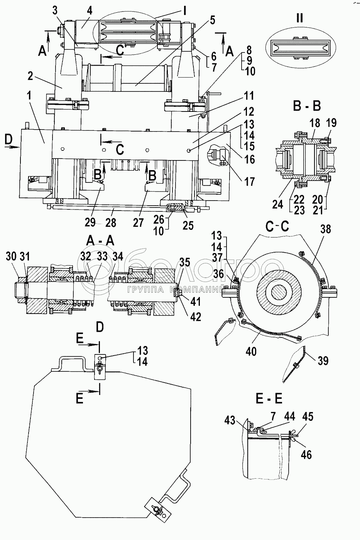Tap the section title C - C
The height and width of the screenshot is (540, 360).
coord(277,227)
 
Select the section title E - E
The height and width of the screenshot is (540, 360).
coord(269,399)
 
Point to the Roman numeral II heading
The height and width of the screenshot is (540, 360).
coord(299,18)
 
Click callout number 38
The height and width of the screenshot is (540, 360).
coord(326,229)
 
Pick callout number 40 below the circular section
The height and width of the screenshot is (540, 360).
coord(251,351)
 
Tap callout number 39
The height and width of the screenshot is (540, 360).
coord(323,361)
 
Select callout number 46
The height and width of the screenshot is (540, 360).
coord(306,455)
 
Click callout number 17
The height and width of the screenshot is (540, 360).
coord(249,182)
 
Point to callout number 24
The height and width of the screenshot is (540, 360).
coord(277,204)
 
